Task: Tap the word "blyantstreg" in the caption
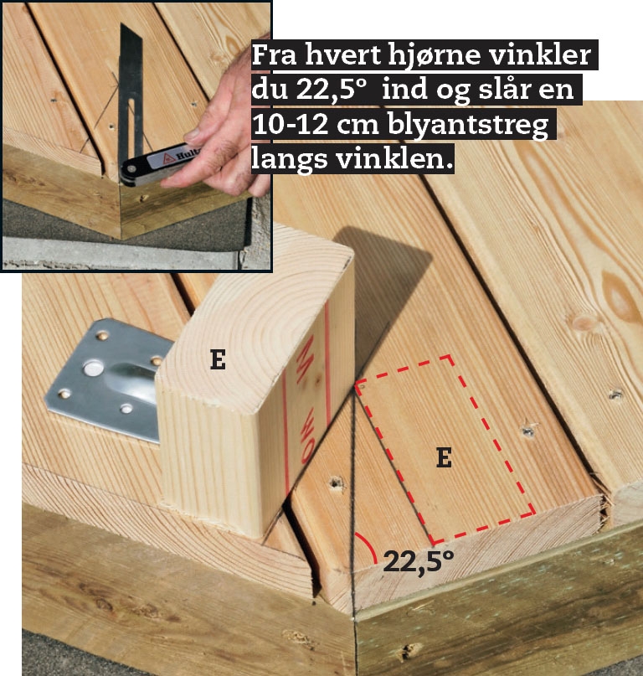click(468, 126)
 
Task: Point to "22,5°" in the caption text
click(331, 90)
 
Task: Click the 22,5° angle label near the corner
click(418, 562)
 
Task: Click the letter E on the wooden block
click(218, 359)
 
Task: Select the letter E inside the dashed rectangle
click(444, 457)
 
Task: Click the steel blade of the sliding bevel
click(131, 93)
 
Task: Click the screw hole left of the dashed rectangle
click(336, 482)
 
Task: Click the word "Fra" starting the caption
click(274, 55)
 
